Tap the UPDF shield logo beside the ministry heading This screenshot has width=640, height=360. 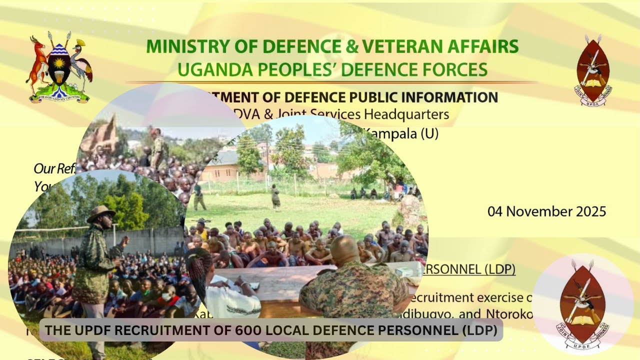[x=593, y=69]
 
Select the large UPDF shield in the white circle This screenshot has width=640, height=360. [x=581, y=304]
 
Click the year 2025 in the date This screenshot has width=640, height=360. [x=588, y=211]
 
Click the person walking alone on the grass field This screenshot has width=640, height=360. [x=275, y=196]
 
